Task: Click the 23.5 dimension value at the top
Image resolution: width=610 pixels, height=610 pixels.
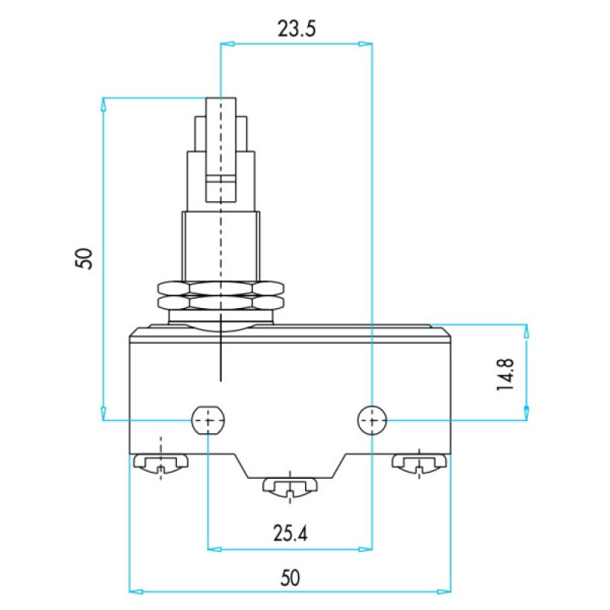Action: click(297, 29)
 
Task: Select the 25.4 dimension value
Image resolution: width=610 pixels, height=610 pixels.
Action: click(290, 533)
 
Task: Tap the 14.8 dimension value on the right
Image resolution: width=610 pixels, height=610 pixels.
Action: click(506, 374)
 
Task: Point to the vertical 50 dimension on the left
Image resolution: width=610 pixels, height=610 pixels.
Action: click(84, 258)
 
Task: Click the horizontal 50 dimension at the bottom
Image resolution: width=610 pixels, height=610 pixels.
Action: click(291, 578)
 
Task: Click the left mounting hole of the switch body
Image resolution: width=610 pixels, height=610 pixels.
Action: click(208, 420)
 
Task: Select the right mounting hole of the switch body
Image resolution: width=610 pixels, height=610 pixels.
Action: click(372, 420)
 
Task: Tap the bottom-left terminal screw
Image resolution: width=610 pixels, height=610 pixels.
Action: click(161, 463)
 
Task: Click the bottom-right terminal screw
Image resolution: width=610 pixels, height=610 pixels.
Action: click(419, 463)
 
